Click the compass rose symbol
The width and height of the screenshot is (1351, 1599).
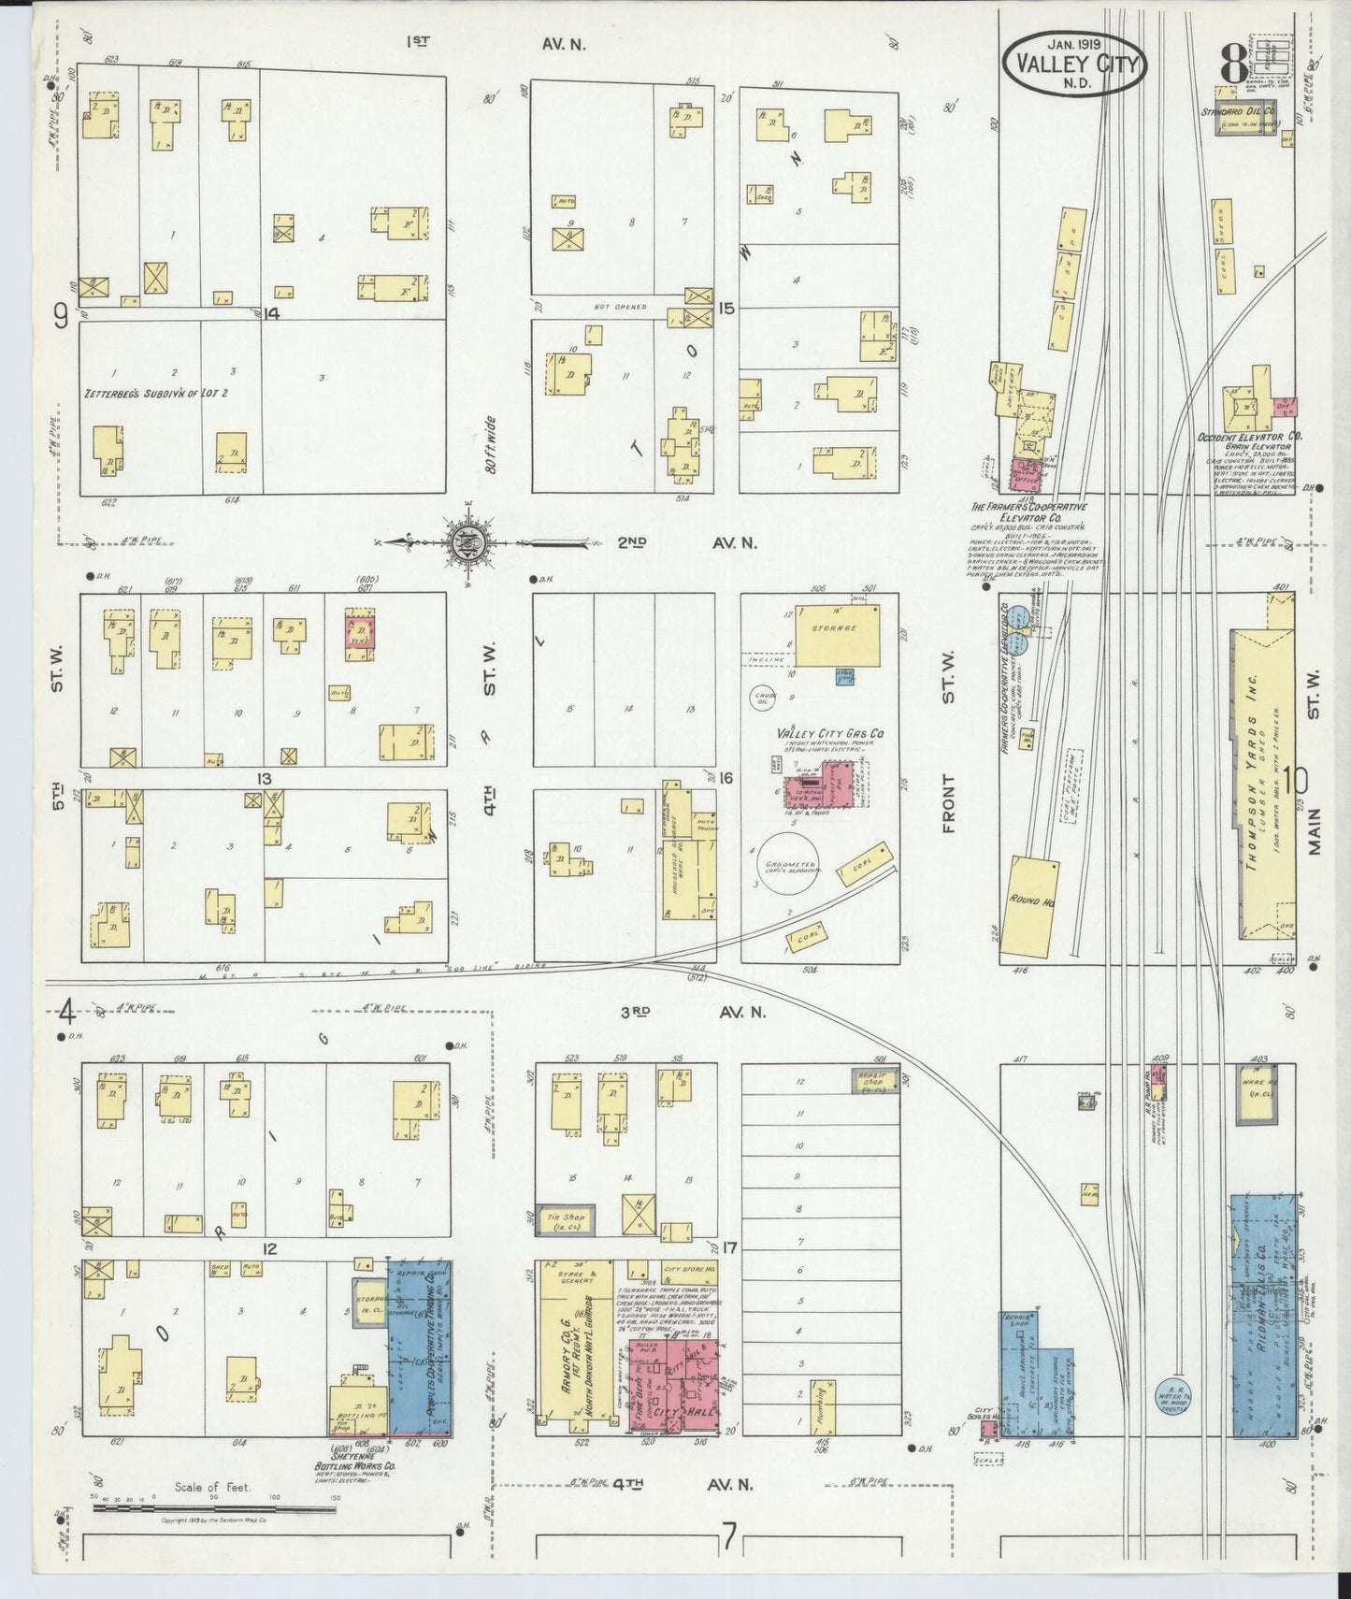pyautogui.click(x=465, y=542)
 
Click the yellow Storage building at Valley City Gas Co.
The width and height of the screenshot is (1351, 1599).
pyautogui.click(x=836, y=633)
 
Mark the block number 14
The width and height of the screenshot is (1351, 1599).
pyautogui.click(x=271, y=313)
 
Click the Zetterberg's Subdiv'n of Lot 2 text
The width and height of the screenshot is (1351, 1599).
pyautogui.click(x=156, y=394)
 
